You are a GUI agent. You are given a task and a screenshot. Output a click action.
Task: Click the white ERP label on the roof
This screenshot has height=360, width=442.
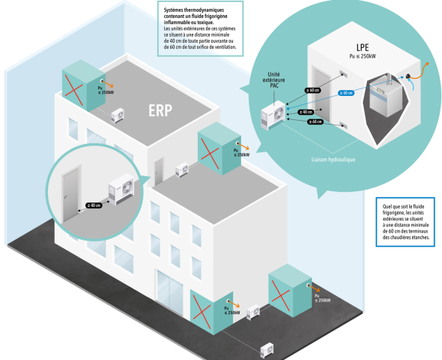coord(160,110)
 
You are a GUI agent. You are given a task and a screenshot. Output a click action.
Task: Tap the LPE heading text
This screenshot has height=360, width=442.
coord(363,47)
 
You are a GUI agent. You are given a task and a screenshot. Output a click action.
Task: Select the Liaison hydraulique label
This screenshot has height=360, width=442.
coord(333,160)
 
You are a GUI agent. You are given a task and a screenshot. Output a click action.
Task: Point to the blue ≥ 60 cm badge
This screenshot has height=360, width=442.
coord(346,93)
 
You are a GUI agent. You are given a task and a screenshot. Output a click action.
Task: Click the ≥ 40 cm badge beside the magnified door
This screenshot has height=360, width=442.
coord(94,205)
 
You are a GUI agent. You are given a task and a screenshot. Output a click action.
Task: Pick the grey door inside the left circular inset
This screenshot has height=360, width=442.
coord(71,195)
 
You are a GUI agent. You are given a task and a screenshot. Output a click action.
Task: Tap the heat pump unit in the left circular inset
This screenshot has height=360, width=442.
coord(121,189)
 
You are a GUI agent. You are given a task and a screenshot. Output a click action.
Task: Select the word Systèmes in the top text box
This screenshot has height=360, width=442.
coord(173,10)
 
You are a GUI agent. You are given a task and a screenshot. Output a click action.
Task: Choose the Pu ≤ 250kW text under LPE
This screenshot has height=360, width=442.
coord(363,56)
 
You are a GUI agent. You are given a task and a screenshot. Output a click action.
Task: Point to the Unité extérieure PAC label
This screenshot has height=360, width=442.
coord(273,79)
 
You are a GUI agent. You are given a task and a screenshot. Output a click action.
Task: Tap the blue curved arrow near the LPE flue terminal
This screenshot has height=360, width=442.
coord(411,84)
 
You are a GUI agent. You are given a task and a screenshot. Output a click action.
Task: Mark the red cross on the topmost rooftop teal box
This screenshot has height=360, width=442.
coord(74,90)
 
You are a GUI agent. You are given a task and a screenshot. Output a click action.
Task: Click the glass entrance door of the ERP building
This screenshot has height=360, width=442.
coord(170,292)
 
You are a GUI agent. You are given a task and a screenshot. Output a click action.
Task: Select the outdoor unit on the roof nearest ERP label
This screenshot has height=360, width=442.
coord(118,115)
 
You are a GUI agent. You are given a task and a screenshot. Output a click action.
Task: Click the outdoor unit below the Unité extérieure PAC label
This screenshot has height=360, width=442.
coord(273,115)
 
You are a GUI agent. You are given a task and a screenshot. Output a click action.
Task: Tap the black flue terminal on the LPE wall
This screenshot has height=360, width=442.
coord(408,76)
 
